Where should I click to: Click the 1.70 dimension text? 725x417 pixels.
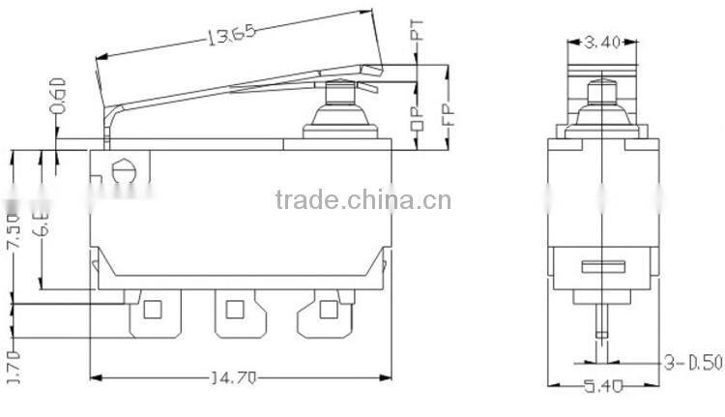click(14, 368)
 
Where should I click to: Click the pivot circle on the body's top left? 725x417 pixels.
click(122, 169)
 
